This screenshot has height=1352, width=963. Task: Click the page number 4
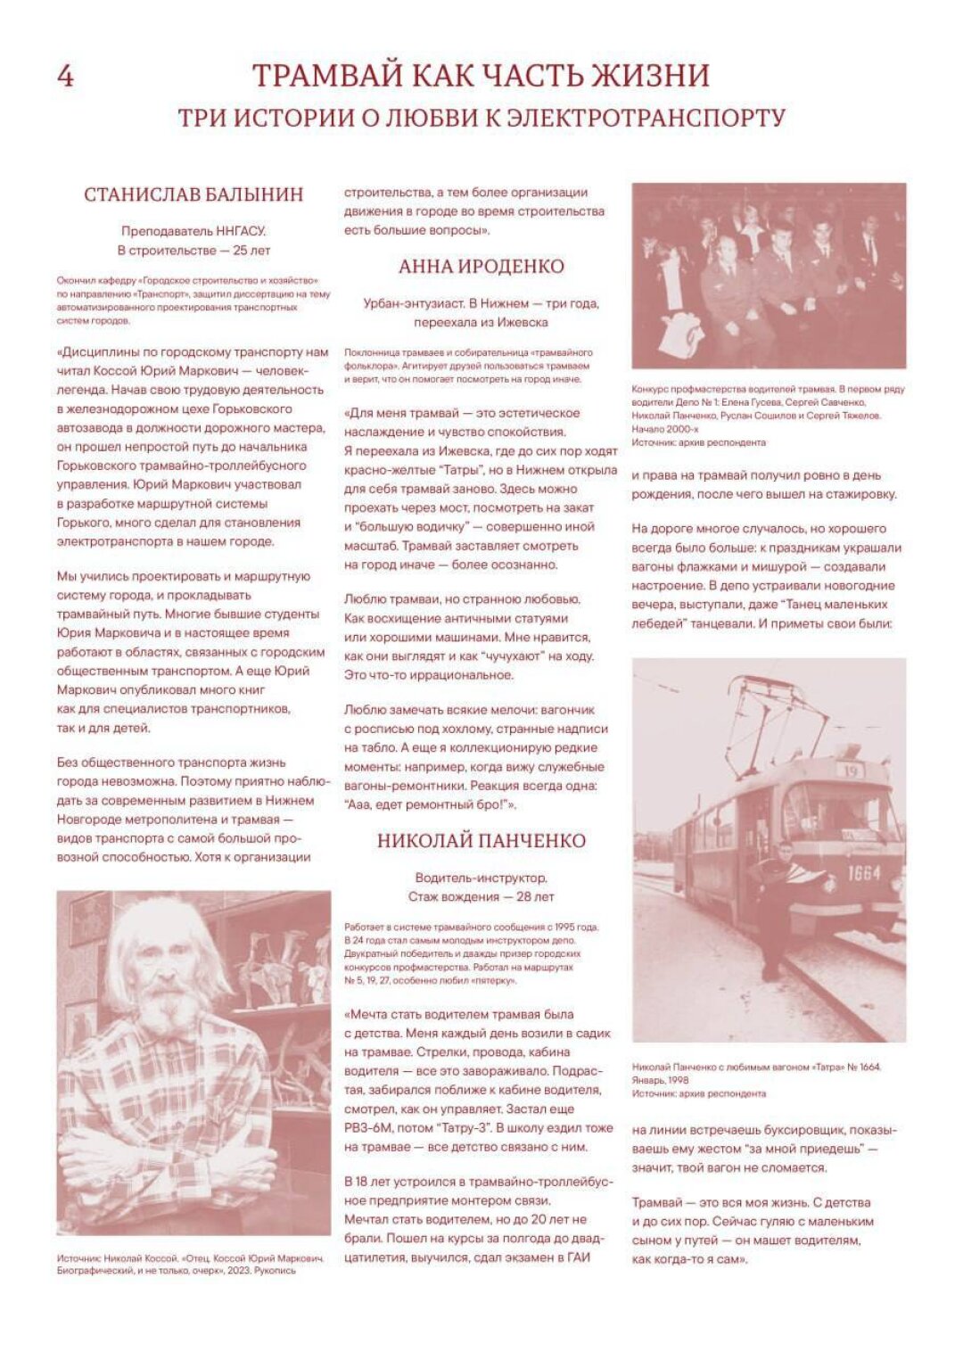tap(65, 77)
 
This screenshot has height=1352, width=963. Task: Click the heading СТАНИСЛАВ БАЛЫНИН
tap(193, 194)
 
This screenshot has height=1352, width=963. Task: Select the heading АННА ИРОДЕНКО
tap(481, 266)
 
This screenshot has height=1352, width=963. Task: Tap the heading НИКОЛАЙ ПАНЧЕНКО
tap(481, 840)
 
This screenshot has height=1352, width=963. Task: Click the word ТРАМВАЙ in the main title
tap(326, 76)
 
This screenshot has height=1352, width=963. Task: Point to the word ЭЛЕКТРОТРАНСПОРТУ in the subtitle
tap(646, 118)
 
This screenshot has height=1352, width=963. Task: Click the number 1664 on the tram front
tap(863, 873)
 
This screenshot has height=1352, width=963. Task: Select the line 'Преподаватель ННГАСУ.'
tap(193, 231)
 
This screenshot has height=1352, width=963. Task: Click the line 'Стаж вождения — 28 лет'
tap(481, 896)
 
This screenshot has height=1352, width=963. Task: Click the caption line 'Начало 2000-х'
tap(665, 429)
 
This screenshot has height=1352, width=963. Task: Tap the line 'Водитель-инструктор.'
tap(481, 878)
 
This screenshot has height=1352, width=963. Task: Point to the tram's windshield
tap(834, 812)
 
